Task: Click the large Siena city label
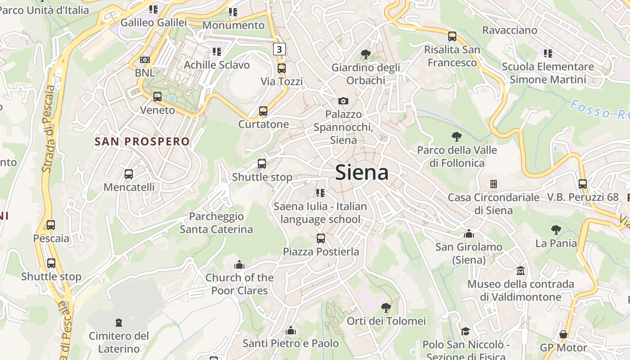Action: (x=362, y=173)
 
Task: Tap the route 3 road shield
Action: (x=279, y=49)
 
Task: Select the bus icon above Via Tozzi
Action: (x=282, y=68)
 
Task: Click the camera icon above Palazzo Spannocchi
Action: (x=343, y=101)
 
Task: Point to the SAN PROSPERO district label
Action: (x=142, y=142)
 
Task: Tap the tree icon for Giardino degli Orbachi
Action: (x=366, y=55)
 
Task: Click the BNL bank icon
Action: (x=144, y=59)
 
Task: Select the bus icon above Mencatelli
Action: (x=129, y=174)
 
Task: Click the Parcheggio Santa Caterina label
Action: (x=216, y=223)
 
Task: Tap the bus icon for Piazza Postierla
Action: (x=321, y=238)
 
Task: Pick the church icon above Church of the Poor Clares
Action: (x=239, y=265)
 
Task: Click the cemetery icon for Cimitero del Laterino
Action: (x=119, y=323)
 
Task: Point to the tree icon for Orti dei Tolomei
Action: (x=386, y=308)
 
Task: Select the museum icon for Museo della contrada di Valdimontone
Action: (x=521, y=271)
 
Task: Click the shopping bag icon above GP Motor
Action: (x=563, y=334)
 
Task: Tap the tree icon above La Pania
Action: (x=556, y=230)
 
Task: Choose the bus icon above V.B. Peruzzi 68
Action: (x=583, y=184)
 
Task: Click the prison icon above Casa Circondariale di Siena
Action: (x=494, y=184)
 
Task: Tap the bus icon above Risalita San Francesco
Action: (x=452, y=36)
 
